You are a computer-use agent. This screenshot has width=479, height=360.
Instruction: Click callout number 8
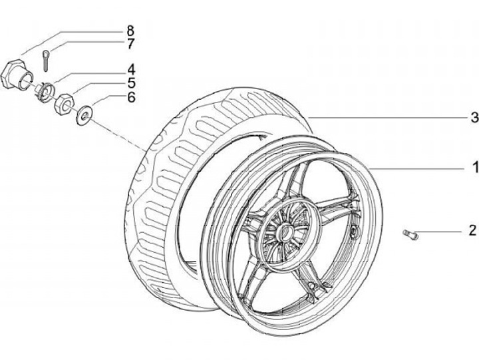click(130, 30)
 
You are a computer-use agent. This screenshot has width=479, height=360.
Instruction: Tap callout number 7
click(130, 44)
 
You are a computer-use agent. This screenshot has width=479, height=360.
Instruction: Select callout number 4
click(130, 69)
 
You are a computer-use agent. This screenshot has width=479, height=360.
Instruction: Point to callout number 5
click(130, 83)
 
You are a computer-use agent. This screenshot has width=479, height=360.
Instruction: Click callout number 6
click(130, 97)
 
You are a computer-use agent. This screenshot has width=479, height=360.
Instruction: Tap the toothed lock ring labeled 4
click(45, 88)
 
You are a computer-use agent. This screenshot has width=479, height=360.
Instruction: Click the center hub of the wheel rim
click(285, 233)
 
